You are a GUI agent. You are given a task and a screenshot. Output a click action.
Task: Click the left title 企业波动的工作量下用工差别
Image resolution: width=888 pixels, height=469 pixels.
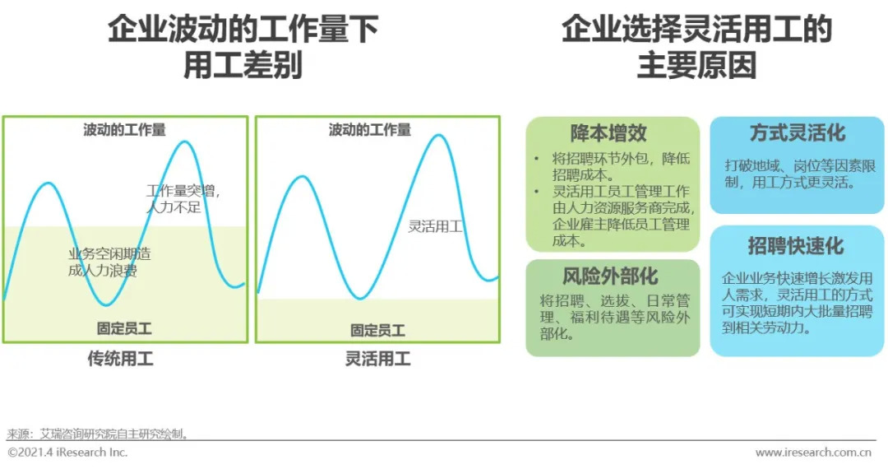(243, 48)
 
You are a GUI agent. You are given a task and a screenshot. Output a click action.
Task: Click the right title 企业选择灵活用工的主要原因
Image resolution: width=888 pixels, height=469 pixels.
(696, 48)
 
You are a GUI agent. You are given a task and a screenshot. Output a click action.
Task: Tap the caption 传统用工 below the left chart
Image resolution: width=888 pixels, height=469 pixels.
(121, 359)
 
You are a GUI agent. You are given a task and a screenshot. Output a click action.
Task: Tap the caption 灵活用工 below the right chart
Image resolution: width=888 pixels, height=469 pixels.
(377, 359)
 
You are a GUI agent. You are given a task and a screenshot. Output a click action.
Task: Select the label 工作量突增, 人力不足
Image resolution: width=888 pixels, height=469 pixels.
(183, 198)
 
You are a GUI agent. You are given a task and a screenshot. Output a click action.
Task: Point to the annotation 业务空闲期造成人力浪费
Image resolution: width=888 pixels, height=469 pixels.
(109, 262)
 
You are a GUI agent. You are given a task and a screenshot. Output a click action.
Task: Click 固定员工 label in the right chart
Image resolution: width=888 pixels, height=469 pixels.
(377, 330)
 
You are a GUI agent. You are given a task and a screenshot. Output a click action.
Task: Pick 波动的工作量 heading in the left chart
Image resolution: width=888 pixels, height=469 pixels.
(124, 130)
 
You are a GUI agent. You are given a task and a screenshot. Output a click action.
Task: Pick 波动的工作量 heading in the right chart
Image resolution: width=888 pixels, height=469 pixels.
(370, 130)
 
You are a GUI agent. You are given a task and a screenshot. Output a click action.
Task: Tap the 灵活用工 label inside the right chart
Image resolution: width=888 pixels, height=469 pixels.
(435, 226)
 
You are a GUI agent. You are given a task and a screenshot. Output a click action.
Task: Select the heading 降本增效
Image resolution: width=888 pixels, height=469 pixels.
(609, 133)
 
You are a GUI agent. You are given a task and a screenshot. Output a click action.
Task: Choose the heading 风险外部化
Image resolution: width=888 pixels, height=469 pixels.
(610, 276)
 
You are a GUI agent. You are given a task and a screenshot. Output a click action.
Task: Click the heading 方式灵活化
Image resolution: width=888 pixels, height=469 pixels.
(797, 133)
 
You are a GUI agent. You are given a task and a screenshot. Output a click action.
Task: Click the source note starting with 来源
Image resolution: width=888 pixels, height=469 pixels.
(99, 433)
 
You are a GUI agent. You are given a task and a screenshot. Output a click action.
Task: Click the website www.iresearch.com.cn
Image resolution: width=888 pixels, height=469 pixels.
(813, 453)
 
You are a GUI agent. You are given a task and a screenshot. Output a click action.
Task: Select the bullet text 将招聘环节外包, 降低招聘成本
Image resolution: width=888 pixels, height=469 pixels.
(617, 166)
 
